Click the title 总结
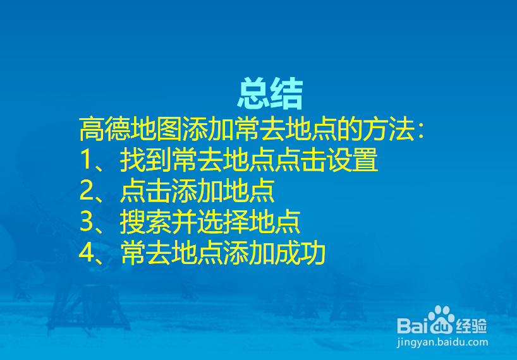[270, 95]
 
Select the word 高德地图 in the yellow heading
[130, 130]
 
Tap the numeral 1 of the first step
[86, 161]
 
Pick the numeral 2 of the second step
[87, 191]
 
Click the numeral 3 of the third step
[87, 222]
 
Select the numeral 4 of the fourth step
[87, 253]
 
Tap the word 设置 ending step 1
[353, 161]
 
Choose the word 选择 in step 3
[222, 222]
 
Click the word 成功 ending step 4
[300, 253]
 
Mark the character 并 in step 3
[183, 222]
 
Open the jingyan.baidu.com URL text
[442, 342]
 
